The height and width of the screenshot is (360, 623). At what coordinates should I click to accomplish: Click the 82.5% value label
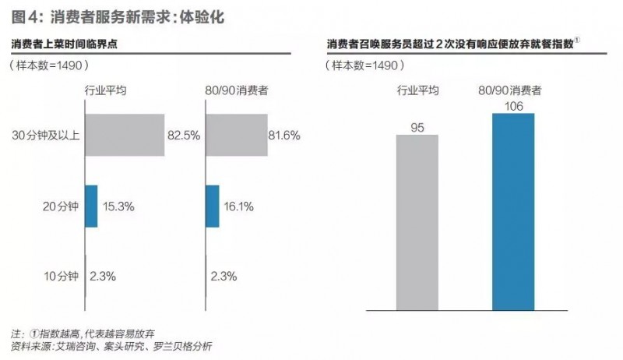[x=184, y=135]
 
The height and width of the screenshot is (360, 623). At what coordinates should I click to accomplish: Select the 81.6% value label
[x=284, y=135]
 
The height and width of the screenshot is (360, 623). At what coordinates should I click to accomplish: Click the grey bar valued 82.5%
[x=124, y=135]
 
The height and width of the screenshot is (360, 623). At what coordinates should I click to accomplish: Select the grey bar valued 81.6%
[x=236, y=135]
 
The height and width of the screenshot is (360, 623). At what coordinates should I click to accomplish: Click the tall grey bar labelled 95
[x=417, y=223]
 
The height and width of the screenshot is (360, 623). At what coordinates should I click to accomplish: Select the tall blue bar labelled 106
[x=513, y=212]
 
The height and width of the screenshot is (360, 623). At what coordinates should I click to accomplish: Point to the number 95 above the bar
[x=417, y=125]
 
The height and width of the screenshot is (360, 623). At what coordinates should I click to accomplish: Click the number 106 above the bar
[x=513, y=104]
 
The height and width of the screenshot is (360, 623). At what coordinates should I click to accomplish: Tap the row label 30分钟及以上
[x=47, y=135]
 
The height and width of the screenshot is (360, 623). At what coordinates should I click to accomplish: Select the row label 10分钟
[x=61, y=275]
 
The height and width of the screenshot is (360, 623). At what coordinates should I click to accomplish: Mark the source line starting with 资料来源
[x=109, y=346]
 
